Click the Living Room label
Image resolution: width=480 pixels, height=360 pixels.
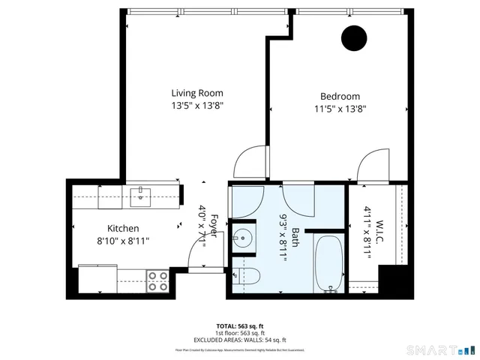(196, 94)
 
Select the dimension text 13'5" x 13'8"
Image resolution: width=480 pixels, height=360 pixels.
(196, 106)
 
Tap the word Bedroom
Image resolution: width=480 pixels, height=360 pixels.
(340, 96)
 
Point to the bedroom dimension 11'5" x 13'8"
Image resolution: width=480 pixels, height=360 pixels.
(340, 109)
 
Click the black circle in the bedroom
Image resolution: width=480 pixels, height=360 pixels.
(353, 38)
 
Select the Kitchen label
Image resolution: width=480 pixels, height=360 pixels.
(123, 228)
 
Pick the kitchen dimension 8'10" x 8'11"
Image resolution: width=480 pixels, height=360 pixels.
(123, 241)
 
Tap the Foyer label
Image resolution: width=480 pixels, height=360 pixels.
(213, 226)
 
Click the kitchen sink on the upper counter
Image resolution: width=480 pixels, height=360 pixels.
(141, 196)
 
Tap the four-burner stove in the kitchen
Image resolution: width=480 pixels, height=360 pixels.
(157, 280)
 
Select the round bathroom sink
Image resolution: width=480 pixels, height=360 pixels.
(243, 240)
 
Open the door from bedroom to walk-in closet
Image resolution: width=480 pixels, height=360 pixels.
(372, 166)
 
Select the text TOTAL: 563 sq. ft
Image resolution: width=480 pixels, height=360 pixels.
(240, 326)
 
